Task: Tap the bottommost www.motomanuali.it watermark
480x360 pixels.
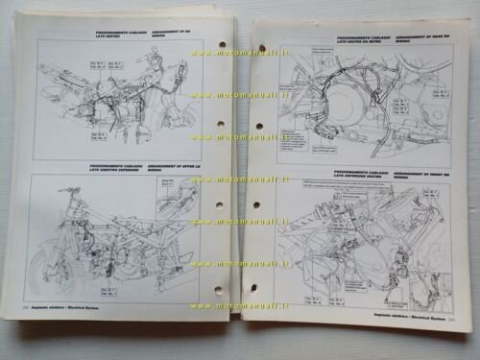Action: click(x=240, y=306)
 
